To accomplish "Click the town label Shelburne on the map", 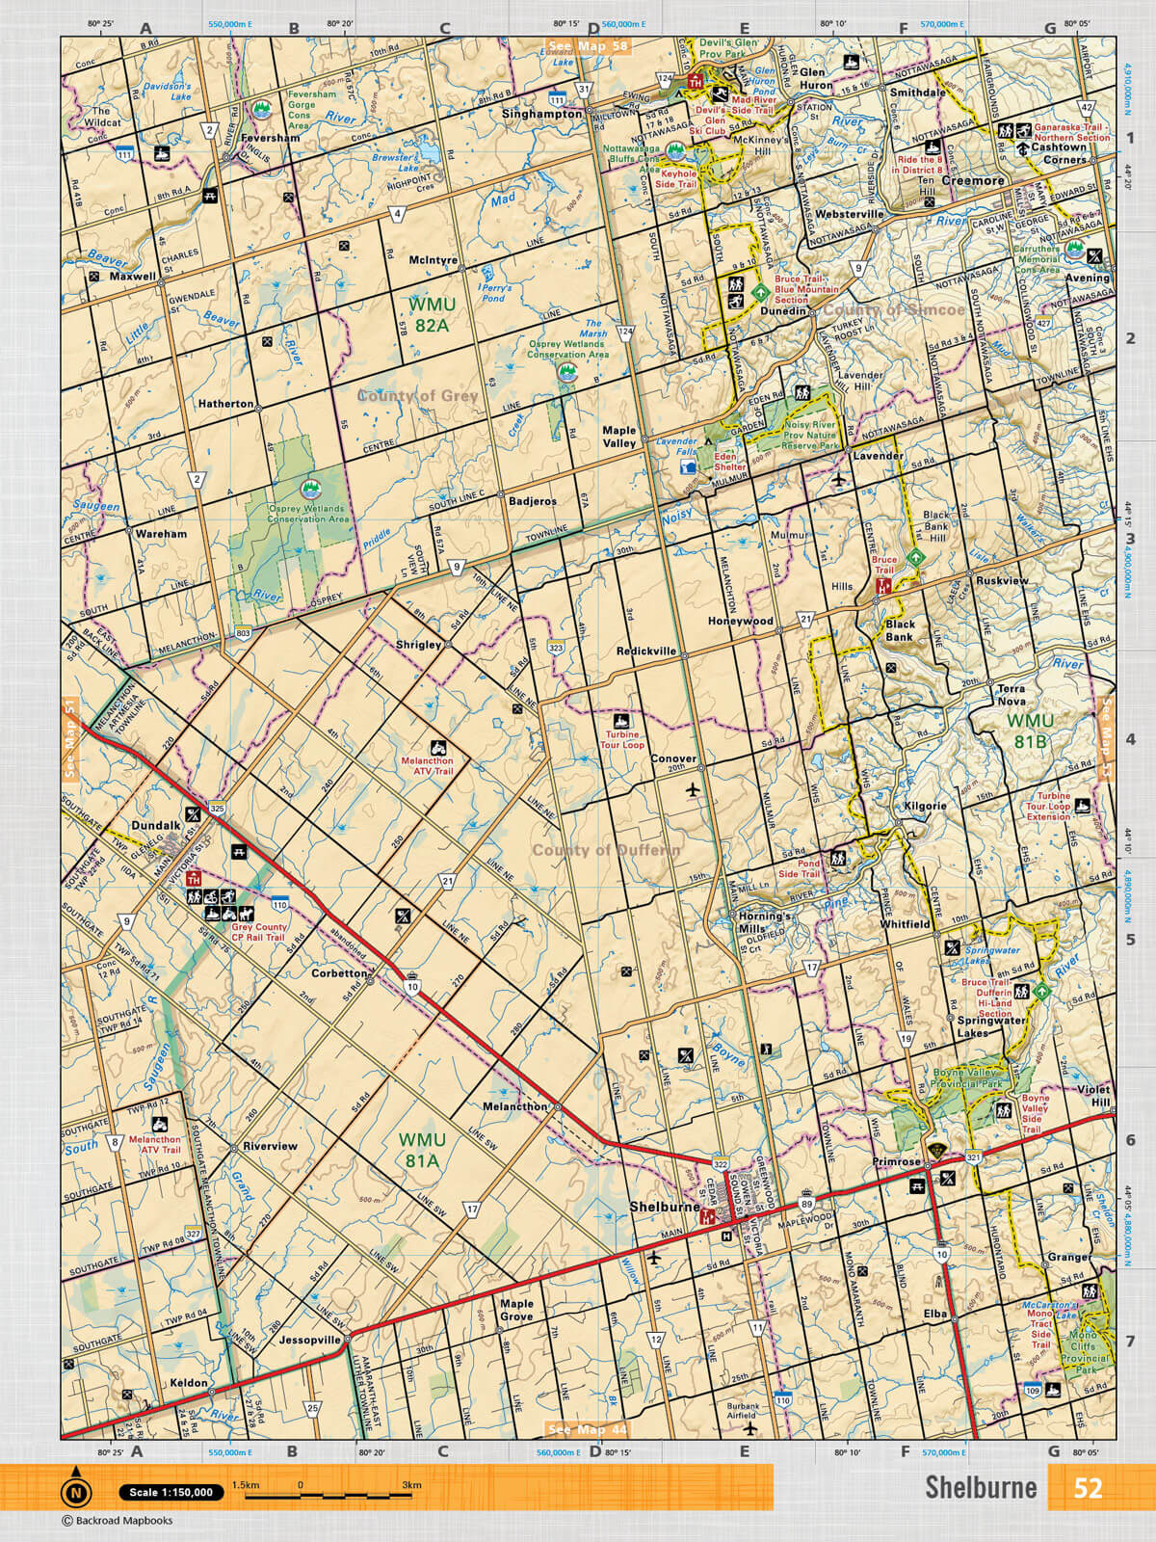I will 664,1206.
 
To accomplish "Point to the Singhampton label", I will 542,114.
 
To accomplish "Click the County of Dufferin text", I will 606,850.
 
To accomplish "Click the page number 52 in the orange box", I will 1088,1487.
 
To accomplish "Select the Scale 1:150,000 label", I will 171,1493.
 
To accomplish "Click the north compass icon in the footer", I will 75,1493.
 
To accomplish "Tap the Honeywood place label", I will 740,622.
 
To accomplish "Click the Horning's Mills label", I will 760,922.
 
